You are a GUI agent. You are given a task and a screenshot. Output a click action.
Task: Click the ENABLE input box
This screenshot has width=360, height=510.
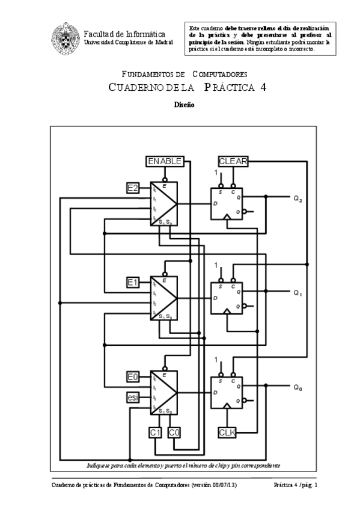165,161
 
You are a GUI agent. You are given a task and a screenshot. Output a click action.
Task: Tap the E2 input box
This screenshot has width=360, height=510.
133,188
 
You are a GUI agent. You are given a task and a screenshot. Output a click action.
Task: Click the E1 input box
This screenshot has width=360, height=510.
133,282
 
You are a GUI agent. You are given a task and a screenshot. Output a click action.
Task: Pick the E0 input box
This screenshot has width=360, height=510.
133,377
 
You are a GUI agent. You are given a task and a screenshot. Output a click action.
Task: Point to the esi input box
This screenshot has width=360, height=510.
133,397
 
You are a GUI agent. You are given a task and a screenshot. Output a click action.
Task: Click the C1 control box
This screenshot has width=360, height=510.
155,432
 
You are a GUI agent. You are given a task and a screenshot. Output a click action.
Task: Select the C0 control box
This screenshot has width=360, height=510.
174,432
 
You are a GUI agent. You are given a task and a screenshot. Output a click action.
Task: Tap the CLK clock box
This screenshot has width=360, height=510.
227,432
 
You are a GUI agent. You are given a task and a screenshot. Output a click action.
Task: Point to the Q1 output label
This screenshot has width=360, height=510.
297,293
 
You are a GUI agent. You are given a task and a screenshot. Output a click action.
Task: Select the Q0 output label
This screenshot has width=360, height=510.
297,388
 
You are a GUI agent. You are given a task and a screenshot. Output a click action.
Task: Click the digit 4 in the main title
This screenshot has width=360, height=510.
263,87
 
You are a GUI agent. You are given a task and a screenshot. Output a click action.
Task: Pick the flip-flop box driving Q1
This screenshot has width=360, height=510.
225,298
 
